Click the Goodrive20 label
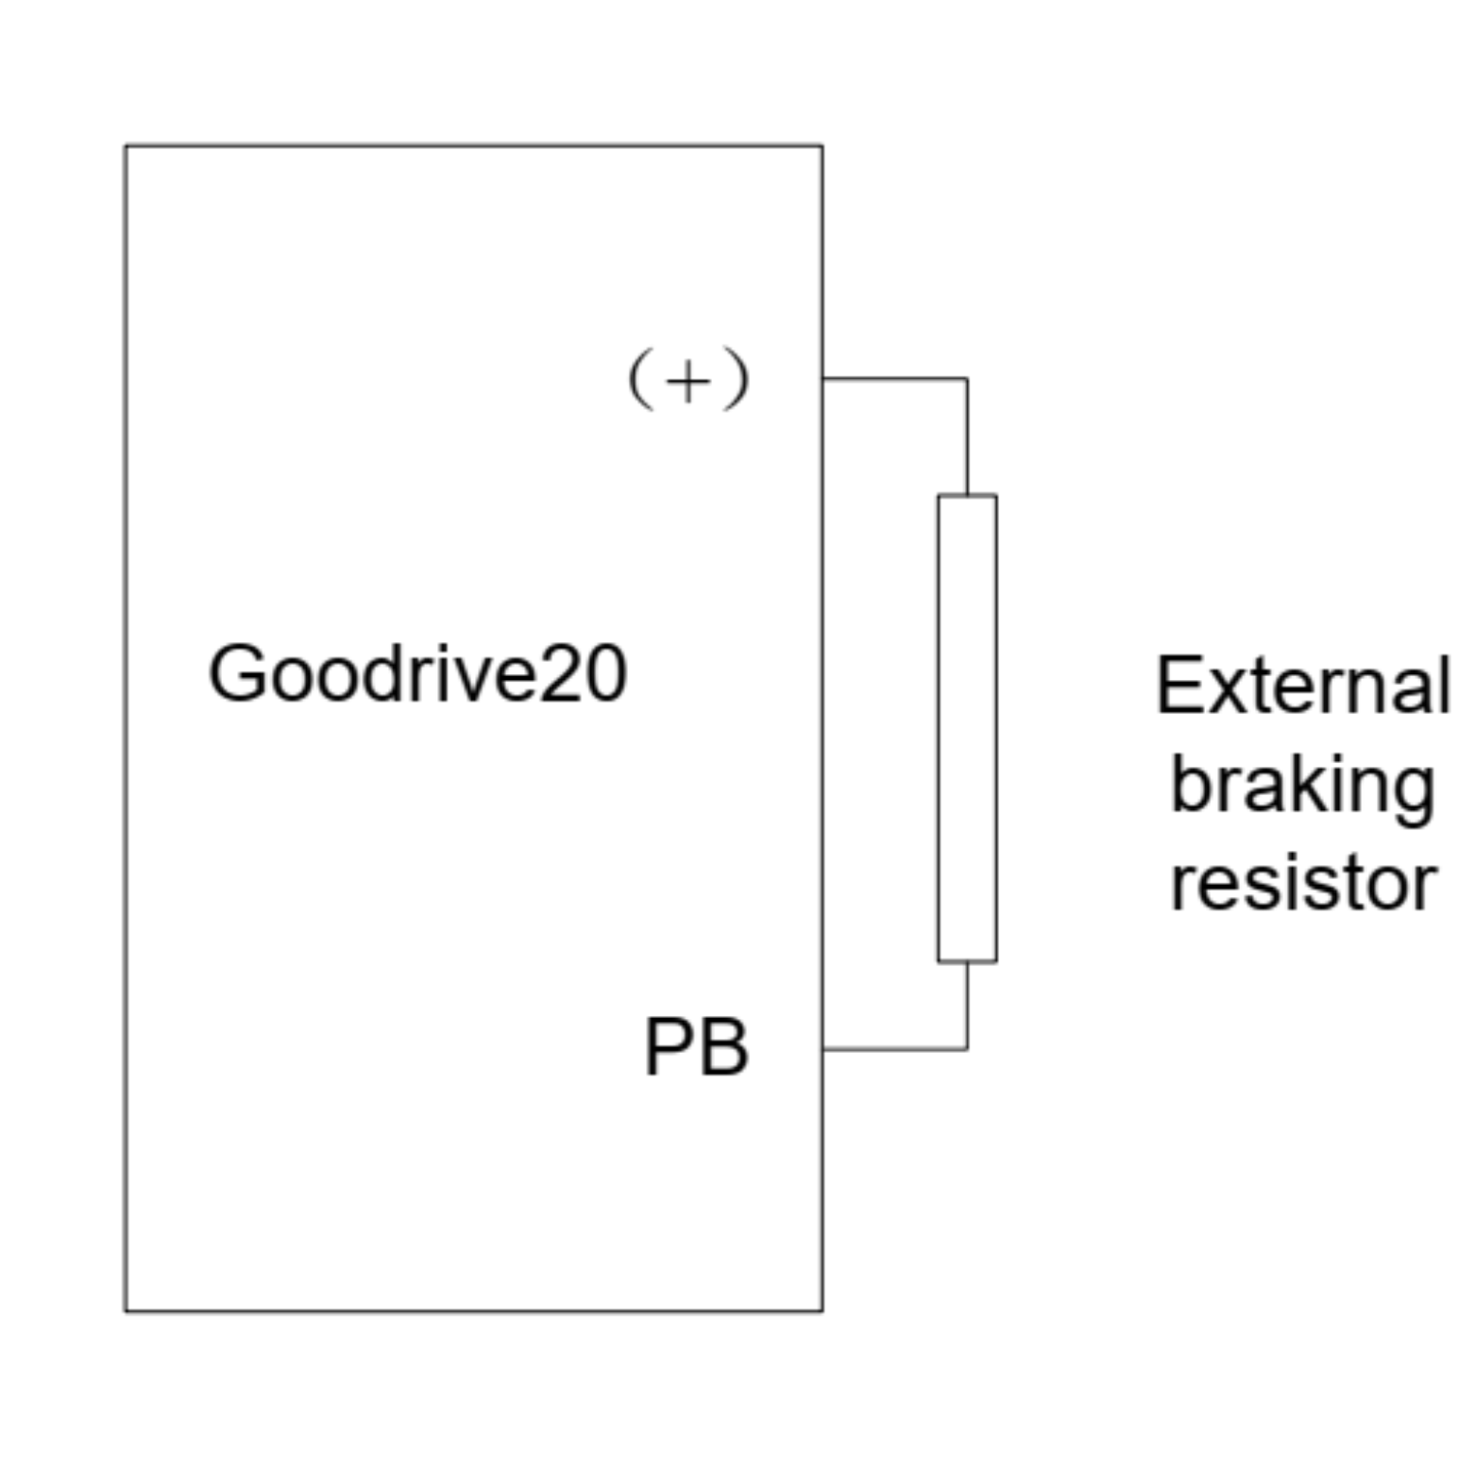(x=417, y=673)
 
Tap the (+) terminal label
(x=688, y=380)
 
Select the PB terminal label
(x=696, y=1047)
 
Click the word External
(x=1303, y=687)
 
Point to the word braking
(x=1303, y=787)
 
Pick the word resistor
(x=1303, y=884)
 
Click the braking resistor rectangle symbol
(x=967, y=728)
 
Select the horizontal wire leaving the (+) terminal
(x=894, y=379)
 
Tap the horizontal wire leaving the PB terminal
(x=894, y=1048)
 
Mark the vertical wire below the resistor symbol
(x=967, y=1005)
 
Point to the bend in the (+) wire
(x=967, y=379)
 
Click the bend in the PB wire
(x=967, y=1048)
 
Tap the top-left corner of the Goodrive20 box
(x=126, y=146)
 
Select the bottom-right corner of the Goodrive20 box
(x=823, y=1311)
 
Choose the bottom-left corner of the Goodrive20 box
(x=126, y=1311)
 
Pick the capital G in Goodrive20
(x=236, y=673)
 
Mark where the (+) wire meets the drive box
(x=823, y=379)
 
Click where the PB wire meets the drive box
(x=823, y=1048)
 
